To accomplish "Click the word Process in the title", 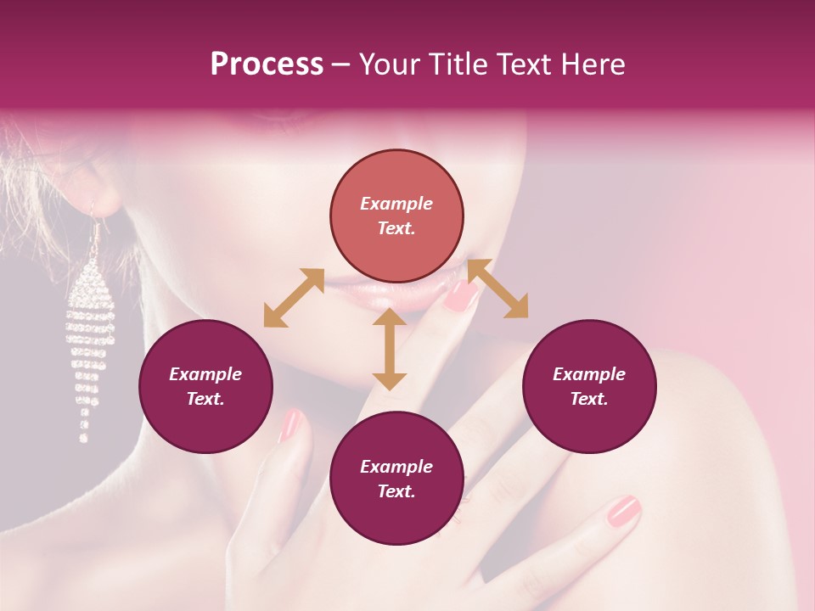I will click(267, 64).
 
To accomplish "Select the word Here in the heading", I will click(592, 64).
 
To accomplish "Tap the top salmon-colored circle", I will click(396, 216).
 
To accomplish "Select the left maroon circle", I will click(205, 387).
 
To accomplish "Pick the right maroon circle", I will click(589, 387).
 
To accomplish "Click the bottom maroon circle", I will click(396, 479).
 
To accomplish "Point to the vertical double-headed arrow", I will click(390, 349).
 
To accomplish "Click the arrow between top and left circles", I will click(294, 298).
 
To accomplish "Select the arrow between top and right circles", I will click(497, 289).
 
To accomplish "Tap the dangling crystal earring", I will click(87, 339).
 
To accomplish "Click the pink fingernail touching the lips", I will click(462, 294).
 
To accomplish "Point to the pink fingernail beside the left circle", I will click(290, 424).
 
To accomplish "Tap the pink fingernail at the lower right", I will click(623, 512).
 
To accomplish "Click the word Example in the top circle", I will click(396, 204).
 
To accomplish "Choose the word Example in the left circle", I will click(205, 374).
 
